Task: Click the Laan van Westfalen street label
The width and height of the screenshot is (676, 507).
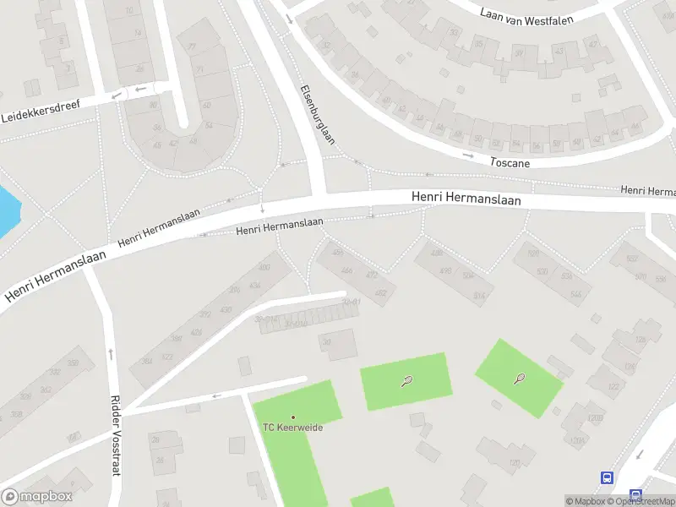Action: click(538, 14)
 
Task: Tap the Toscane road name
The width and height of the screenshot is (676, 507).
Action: click(510, 161)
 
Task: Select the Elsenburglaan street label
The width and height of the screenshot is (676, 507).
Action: click(312, 118)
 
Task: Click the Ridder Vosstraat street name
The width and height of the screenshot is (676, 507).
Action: click(117, 438)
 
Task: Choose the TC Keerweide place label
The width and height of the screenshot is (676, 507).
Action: click(293, 428)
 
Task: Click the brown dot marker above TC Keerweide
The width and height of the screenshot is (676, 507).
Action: click(293, 417)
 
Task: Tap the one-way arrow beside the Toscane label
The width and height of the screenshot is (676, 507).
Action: click(467, 155)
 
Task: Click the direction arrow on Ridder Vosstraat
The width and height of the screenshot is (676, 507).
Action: click(111, 352)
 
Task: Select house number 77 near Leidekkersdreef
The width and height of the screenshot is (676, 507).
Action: click(192, 46)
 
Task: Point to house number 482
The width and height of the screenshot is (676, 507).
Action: click(380, 293)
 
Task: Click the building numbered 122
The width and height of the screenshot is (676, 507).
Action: click(611, 386)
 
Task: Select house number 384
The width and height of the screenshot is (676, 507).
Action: click(147, 361)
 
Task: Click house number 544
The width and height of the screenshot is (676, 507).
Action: click(575, 294)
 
